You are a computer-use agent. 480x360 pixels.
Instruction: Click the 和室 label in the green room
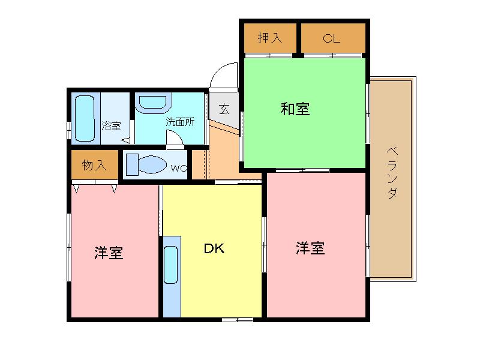coord(295,109)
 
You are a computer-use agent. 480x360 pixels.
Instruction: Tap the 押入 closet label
coord(269,38)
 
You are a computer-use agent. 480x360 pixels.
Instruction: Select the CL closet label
coord(332,38)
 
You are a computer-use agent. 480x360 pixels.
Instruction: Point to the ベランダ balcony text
coord(392,173)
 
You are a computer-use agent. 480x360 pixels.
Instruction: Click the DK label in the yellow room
coord(214,248)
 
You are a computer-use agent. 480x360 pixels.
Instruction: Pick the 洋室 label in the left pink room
coord(109,253)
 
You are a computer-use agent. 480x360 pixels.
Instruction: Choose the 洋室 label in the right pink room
coord(310,248)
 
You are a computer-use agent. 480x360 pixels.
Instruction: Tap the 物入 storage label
coord(94,166)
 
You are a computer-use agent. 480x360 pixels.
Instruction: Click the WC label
coord(178,168)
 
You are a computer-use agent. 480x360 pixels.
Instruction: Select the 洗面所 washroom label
coord(180,122)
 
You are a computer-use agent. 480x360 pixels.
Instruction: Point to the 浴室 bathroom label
coord(111,126)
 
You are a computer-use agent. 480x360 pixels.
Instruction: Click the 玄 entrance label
coord(224,109)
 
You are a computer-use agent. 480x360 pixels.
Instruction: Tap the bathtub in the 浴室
coord(85,118)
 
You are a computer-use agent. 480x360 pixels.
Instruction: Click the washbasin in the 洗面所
coord(153,102)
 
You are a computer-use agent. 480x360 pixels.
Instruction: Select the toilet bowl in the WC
coord(152,164)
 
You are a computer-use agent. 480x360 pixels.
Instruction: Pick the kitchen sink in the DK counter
coord(171,265)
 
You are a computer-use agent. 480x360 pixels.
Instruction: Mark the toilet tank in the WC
coord(132,164)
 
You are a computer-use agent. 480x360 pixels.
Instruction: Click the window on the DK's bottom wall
coord(238,320)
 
